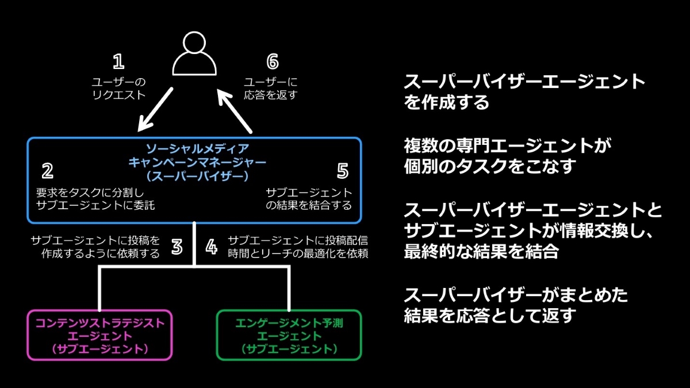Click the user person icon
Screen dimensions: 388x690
(194, 53)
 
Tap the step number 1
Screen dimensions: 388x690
(118, 62)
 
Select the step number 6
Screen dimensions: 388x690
(273, 62)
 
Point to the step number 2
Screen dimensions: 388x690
(48, 171)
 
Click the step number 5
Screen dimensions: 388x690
(343, 171)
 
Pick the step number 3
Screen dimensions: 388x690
(177, 247)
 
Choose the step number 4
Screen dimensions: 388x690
(212, 247)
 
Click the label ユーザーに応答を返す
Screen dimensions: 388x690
(271, 89)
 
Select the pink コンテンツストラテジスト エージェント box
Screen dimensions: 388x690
(99, 335)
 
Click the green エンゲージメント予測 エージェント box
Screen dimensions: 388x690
(289, 335)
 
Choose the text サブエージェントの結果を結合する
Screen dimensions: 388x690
(309, 199)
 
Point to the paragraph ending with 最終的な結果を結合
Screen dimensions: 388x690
(532, 231)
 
